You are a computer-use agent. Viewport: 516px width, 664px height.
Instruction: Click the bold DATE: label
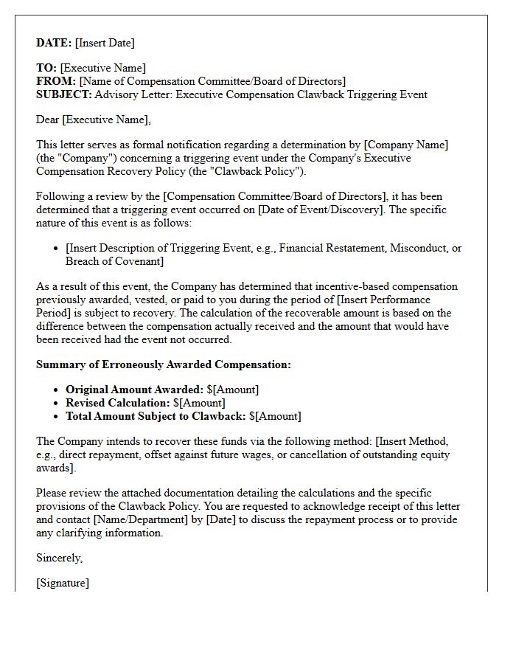click(x=54, y=43)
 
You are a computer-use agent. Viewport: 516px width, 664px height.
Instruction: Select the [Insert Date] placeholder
click(x=105, y=43)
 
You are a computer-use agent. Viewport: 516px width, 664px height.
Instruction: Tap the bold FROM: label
click(x=56, y=81)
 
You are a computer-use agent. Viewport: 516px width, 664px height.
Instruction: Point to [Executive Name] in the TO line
click(x=102, y=68)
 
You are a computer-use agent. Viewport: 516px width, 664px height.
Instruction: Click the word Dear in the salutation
click(x=47, y=120)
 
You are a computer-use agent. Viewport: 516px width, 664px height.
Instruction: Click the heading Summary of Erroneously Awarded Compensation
click(x=164, y=364)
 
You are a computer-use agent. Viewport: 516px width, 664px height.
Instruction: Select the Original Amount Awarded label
click(x=134, y=390)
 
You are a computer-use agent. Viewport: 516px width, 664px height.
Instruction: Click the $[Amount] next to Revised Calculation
click(x=199, y=403)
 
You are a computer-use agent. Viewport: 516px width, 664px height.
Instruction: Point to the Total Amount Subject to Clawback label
click(x=156, y=416)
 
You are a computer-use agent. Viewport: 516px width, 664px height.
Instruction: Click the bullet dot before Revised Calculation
click(x=57, y=404)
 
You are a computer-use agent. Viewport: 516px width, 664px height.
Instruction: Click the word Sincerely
click(x=60, y=558)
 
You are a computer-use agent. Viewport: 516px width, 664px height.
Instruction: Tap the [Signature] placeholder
click(x=63, y=583)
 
